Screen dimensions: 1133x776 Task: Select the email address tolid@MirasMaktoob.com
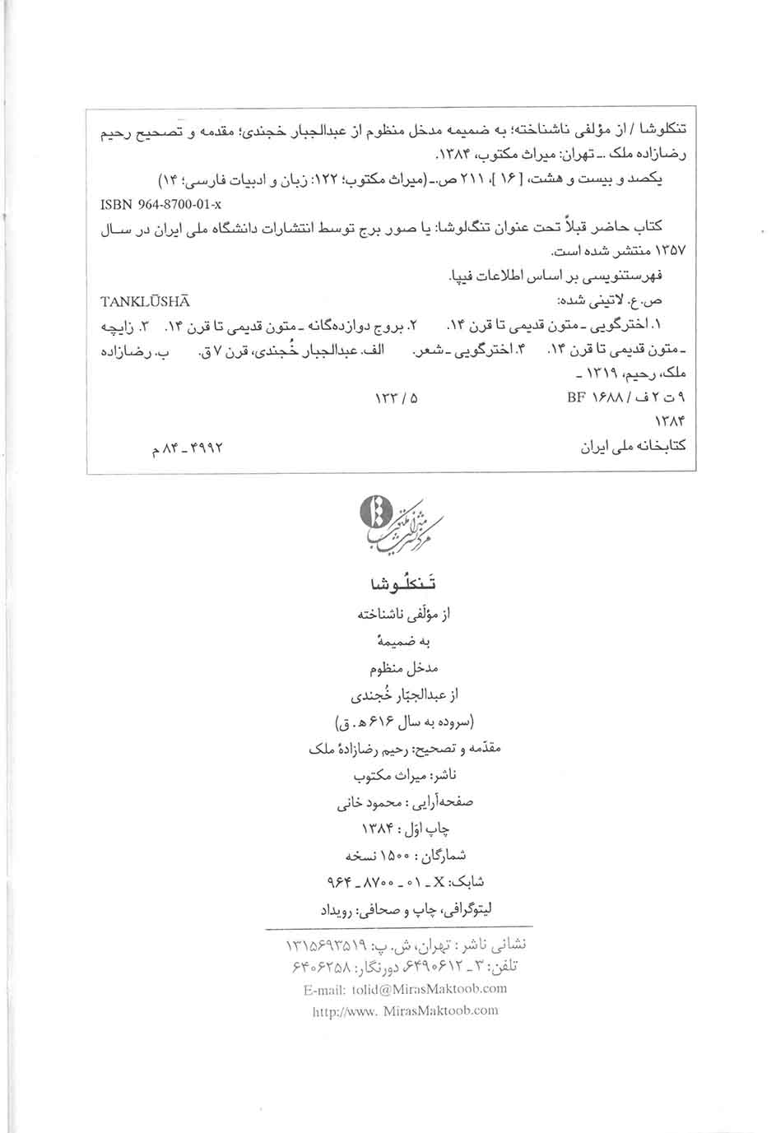click(x=405, y=988)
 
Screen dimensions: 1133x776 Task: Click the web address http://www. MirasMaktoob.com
click(x=405, y=1010)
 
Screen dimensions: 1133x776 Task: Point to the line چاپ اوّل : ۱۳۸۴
click(x=405, y=829)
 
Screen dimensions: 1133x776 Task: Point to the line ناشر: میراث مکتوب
click(x=404, y=774)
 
